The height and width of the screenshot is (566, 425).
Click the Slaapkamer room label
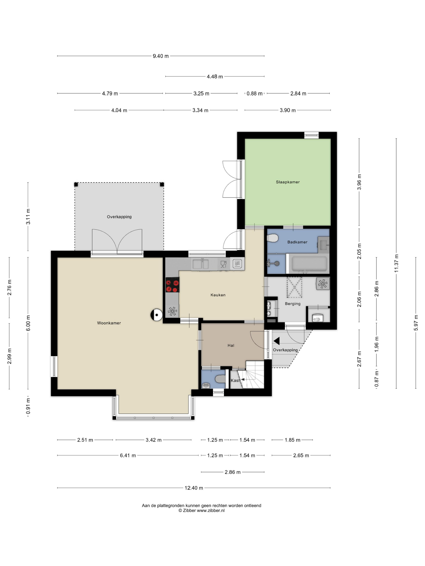click(287, 182)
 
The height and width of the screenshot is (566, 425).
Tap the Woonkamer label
click(109, 323)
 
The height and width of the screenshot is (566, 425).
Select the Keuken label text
click(218, 295)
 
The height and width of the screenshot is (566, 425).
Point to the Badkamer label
click(297, 242)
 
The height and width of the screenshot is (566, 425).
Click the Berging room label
click(293, 304)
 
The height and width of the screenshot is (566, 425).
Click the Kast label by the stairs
click(235, 380)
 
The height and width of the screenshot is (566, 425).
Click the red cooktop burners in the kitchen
click(172, 285)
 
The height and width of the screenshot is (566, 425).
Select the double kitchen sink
click(201, 264)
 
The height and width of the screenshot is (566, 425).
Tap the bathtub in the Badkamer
click(309, 263)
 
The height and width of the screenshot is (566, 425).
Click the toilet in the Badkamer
click(272, 238)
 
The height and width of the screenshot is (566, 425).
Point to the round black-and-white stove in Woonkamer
click(156, 315)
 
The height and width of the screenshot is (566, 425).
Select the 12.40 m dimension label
click(194, 488)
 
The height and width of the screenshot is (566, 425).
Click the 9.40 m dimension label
click(161, 56)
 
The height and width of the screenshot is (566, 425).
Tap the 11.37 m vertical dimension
click(396, 263)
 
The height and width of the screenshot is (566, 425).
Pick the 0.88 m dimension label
click(254, 94)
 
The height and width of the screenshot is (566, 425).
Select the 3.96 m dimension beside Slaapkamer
click(359, 182)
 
